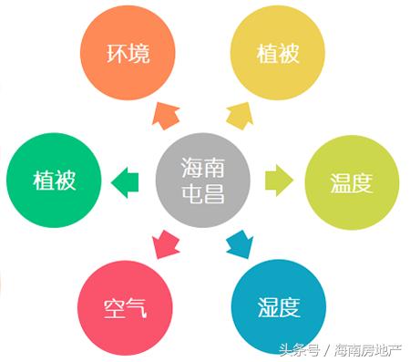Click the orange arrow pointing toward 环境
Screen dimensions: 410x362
166,116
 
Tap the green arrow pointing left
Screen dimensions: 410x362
125,181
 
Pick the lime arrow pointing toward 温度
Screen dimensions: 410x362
278,180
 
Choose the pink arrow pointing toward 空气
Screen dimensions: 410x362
167,243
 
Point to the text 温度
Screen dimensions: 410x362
351,182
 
